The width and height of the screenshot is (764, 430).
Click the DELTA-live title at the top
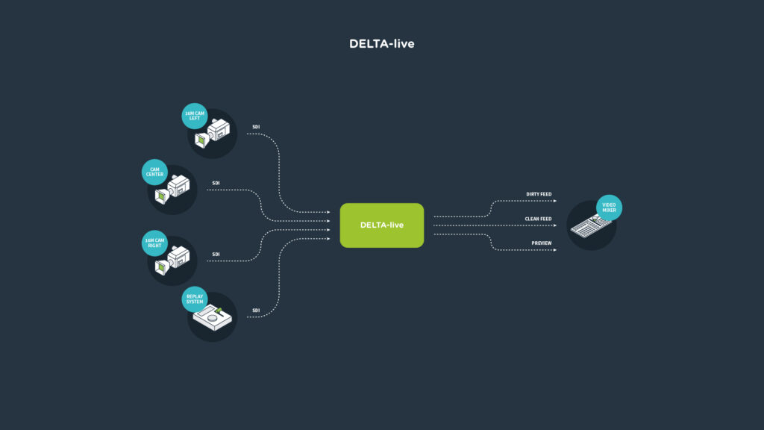[x=381, y=44]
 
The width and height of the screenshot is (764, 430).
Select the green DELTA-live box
[x=381, y=225]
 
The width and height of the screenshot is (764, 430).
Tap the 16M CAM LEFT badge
[x=194, y=115]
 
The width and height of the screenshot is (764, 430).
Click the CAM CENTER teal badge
[x=154, y=172]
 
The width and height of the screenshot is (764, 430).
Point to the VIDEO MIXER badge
[x=608, y=208]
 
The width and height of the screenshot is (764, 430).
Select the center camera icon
[x=173, y=190]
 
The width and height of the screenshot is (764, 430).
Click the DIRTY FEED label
[x=539, y=194]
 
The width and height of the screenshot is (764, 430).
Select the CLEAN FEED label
[x=538, y=219]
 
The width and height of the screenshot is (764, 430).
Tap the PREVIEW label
[x=542, y=243]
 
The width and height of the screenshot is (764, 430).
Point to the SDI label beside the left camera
[x=256, y=127]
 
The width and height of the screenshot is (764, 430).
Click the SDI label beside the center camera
[x=216, y=183]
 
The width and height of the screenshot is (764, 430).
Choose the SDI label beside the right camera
[x=216, y=255]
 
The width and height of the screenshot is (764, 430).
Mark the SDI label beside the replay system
[x=256, y=311]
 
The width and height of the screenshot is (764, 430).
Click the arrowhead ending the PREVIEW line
[x=554, y=250]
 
